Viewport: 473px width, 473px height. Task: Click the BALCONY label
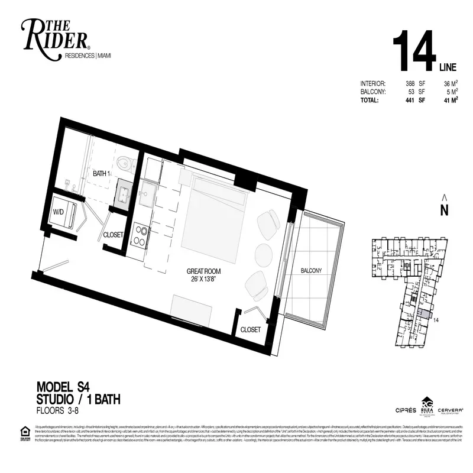(x=310, y=271)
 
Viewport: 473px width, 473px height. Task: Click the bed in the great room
(x=215, y=219)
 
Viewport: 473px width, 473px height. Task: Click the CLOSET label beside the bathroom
(x=113, y=235)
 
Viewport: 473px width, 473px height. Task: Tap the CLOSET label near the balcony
(x=250, y=330)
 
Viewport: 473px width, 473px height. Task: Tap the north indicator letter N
(x=444, y=209)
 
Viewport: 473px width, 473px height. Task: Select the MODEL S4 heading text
(x=63, y=388)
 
